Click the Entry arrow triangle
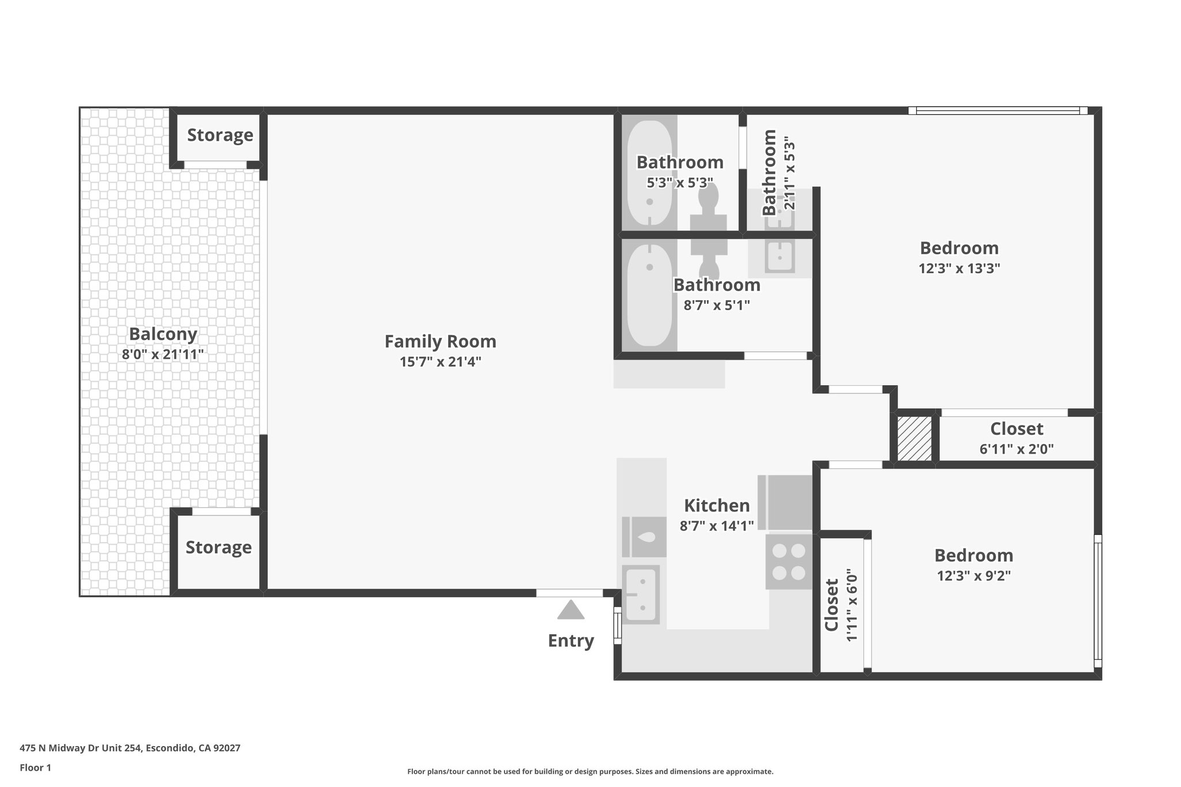(571, 611)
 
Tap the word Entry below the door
(570, 641)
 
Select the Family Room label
(440, 341)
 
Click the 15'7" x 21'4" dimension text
(440, 362)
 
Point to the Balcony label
(163, 334)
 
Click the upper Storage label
(220, 135)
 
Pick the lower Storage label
(219, 547)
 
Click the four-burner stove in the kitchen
(788, 562)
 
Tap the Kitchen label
(716, 506)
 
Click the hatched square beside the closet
(915, 438)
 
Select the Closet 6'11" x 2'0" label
(1016, 438)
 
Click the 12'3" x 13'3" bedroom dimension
(959, 269)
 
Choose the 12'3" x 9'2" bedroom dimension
(973, 576)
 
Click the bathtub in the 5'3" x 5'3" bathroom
(649, 173)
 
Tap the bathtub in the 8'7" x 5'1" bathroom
(649, 295)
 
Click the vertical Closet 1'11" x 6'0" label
(841, 605)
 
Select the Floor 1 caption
(35, 767)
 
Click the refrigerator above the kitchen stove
(785, 502)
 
